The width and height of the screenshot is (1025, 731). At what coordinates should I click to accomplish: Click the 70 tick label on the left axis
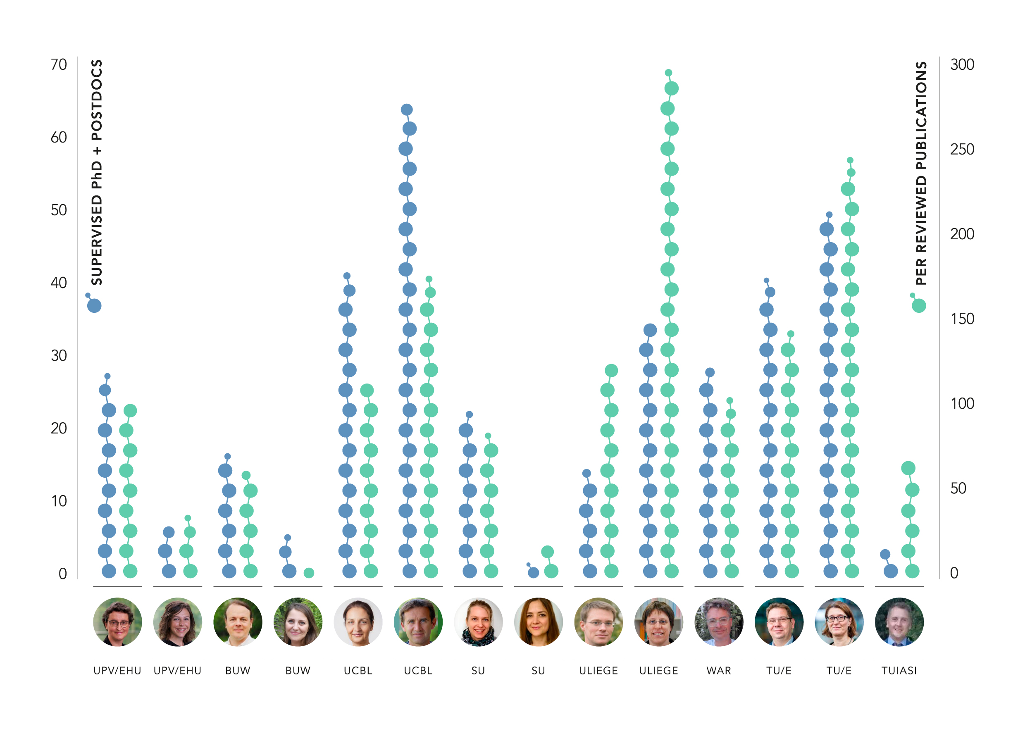click(x=59, y=65)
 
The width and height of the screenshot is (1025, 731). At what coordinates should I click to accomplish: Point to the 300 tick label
click(x=962, y=65)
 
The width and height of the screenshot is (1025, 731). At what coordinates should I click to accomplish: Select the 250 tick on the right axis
click(x=962, y=150)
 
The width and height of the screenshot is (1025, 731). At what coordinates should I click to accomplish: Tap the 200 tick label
click(x=962, y=234)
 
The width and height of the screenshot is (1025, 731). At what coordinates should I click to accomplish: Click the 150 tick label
click(x=962, y=319)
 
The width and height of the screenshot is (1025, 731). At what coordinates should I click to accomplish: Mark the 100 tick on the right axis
click(x=962, y=404)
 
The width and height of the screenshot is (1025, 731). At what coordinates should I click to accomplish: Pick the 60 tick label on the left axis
click(x=59, y=138)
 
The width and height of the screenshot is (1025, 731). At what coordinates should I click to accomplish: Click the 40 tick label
click(x=59, y=283)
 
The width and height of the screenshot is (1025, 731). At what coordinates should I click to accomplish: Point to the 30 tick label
click(x=59, y=356)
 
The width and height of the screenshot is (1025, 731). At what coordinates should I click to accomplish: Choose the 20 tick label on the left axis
click(x=59, y=429)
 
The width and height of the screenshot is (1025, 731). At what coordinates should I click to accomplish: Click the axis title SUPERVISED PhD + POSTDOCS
click(x=97, y=172)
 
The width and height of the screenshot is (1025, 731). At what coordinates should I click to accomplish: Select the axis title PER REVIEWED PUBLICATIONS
click(x=921, y=173)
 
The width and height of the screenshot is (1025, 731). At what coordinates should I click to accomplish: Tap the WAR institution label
click(x=718, y=671)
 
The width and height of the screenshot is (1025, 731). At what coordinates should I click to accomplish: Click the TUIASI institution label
click(x=899, y=671)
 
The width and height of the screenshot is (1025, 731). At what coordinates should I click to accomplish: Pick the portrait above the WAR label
click(x=718, y=621)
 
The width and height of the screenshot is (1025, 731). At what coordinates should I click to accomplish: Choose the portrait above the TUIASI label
click(x=899, y=621)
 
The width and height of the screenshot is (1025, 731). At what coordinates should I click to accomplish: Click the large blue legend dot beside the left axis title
click(x=94, y=306)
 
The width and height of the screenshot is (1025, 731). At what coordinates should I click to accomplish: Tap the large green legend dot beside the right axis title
click(x=919, y=306)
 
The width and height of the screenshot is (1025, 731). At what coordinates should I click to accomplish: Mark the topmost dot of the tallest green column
click(x=668, y=73)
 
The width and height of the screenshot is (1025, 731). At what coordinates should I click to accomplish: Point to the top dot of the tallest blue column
click(x=407, y=110)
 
